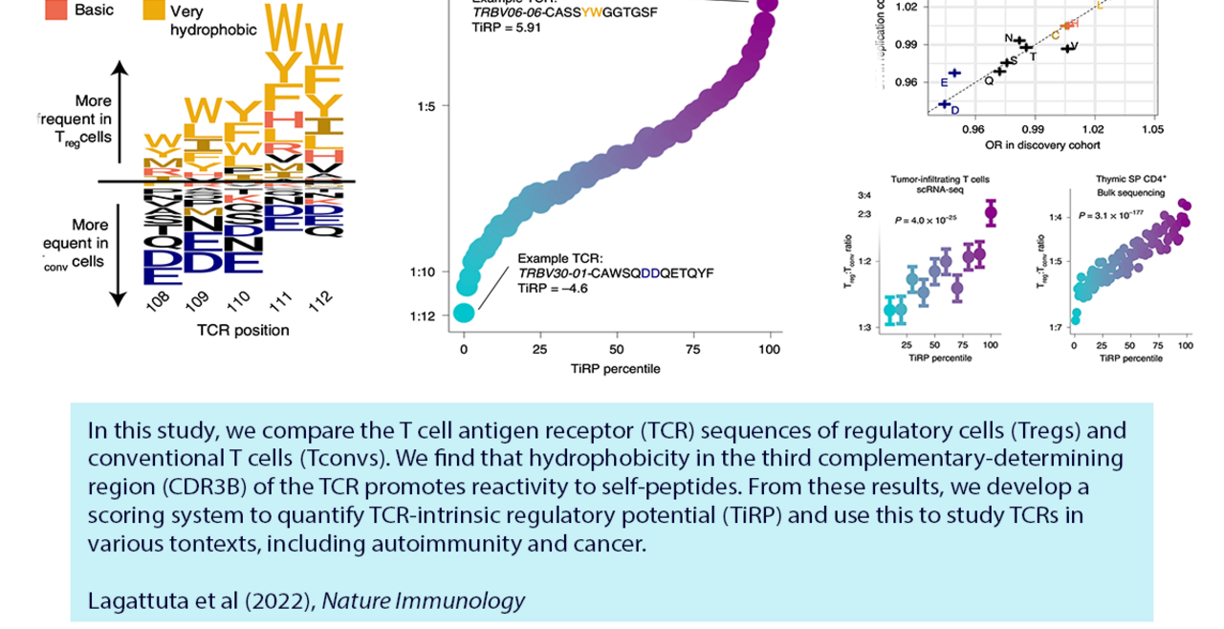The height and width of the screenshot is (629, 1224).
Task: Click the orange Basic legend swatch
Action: [56, 10]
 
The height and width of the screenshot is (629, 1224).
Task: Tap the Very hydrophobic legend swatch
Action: [154, 11]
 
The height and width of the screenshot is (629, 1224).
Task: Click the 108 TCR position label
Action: [159, 300]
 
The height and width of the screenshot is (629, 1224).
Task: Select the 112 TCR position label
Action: [321, 300]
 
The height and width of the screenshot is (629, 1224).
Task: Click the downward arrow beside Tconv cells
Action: [119, 253]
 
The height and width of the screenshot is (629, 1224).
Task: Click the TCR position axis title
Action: [243, 331]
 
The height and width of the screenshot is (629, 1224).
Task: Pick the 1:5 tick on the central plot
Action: [426, 106]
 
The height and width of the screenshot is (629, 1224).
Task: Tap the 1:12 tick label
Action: [426, 315]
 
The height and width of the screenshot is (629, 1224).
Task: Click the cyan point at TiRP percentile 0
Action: [465, 313]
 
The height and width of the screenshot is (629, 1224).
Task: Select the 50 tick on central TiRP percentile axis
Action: [617, 350]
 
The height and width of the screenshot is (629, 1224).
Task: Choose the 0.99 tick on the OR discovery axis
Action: [1032, 129]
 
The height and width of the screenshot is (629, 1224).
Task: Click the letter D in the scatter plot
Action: [954, 111]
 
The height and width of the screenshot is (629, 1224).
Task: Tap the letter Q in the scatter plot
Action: [989, 81]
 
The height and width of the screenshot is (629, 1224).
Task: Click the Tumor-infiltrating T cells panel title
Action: [940, 179]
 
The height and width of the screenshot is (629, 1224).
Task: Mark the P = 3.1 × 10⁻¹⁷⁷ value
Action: [1111, 216]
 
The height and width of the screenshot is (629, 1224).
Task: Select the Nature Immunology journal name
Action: [423, 600]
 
